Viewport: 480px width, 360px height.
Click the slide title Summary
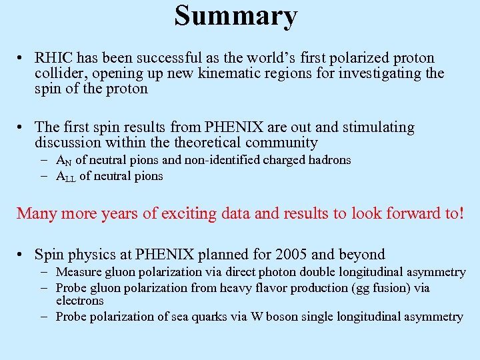[235, 16]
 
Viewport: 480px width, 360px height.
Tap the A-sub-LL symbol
[65, 177]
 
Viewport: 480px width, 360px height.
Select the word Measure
[78, 272]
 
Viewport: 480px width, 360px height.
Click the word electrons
[80, 301]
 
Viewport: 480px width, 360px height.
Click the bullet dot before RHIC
[22, 59]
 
